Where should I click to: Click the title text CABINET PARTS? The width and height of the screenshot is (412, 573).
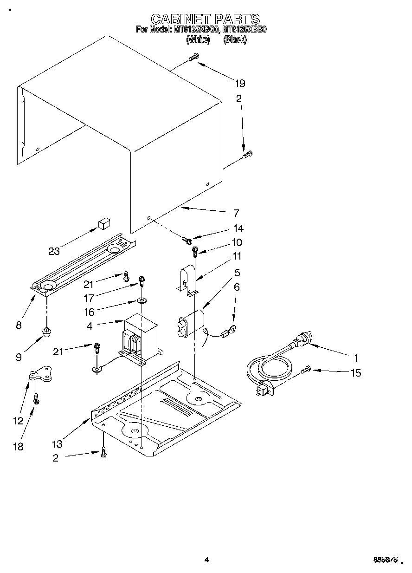[x=205, y=19]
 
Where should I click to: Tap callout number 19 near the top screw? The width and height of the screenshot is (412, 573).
[x=239, y=84]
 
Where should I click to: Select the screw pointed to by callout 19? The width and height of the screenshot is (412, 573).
[x=193, y=57]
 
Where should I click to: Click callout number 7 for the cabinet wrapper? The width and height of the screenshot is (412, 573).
[x=236, y=214]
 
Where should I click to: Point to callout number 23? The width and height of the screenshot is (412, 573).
[x=54, y=251]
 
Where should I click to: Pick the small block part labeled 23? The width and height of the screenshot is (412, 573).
[x=103, y=225]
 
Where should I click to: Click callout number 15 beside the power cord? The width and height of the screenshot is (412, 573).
[x=356, y=372]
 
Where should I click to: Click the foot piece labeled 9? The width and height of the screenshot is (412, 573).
[x=46, y=332]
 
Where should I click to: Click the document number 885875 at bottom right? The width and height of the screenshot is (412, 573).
[x=385, y=560]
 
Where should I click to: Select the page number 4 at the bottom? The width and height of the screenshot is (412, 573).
[x=206, y=560]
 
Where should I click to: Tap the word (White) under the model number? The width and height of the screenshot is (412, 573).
[x=198, y=40]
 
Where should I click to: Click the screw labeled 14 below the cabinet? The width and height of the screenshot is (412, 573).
[x=187, y=240]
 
